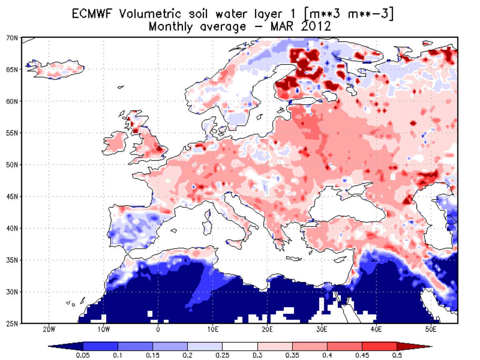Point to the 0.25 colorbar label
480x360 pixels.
[x=222, y=354]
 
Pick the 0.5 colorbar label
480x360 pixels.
[x=396, y=354]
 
